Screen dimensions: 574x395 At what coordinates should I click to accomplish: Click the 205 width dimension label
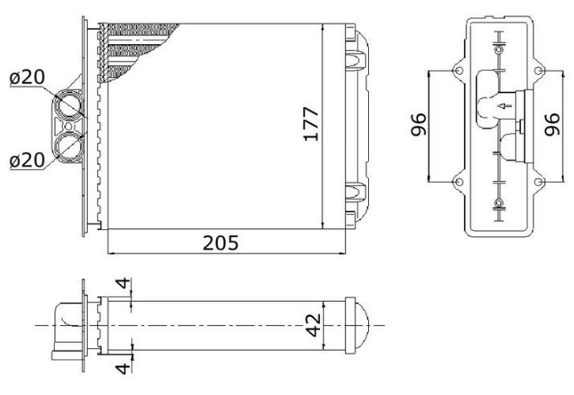(x=220, y=243)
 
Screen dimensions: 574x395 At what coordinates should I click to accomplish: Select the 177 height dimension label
(x=312, y=124)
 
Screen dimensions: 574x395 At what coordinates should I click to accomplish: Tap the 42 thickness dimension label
(x=314, y=325)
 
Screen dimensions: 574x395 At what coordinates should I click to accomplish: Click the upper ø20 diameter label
(x=27, y=77)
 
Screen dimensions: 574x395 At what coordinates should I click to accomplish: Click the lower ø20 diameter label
(x=27, y=160)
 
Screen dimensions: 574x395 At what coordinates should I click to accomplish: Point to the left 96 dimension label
(x=418, y=125)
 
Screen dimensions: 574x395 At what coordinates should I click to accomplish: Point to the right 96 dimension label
(x=552, y=125)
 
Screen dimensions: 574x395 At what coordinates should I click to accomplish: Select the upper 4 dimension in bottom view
(x=123, y=283)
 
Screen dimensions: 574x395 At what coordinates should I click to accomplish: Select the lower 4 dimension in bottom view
(x=123, y=368)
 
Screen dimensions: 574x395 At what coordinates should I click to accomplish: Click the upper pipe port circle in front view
(x=68, y=105)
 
